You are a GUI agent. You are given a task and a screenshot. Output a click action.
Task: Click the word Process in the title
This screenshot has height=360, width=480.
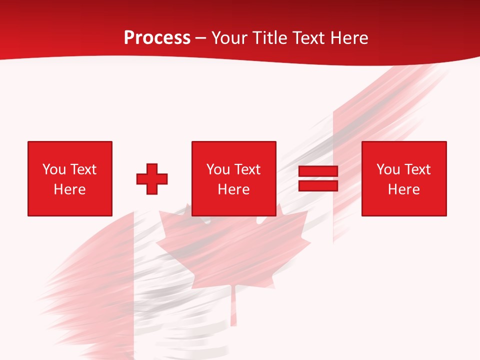[x=157, y=38]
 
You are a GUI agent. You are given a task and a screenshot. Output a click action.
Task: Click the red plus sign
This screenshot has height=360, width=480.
[x=152, y=179]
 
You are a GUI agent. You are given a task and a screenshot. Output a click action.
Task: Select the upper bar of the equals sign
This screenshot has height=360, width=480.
[x=318, y=171]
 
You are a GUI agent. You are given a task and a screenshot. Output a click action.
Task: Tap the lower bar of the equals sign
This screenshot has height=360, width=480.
[x=318, y=185]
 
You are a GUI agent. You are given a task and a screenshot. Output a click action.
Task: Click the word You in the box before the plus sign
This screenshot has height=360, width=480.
[x=53, y=169]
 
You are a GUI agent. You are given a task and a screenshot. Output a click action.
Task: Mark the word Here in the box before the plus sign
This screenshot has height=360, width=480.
[x=69, y=189]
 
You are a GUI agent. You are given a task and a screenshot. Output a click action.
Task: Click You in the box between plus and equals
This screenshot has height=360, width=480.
[x=218, y=169]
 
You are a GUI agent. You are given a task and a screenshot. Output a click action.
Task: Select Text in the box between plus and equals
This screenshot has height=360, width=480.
[x=247, y=169]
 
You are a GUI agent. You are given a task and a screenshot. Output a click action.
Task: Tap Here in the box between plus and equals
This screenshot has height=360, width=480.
[x=233, y=189]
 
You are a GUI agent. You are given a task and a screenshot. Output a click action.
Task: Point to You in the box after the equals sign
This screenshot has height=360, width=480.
[x=388, y=169]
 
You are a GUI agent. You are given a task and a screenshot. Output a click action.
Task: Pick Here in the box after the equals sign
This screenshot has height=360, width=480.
[x=403, y=189]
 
